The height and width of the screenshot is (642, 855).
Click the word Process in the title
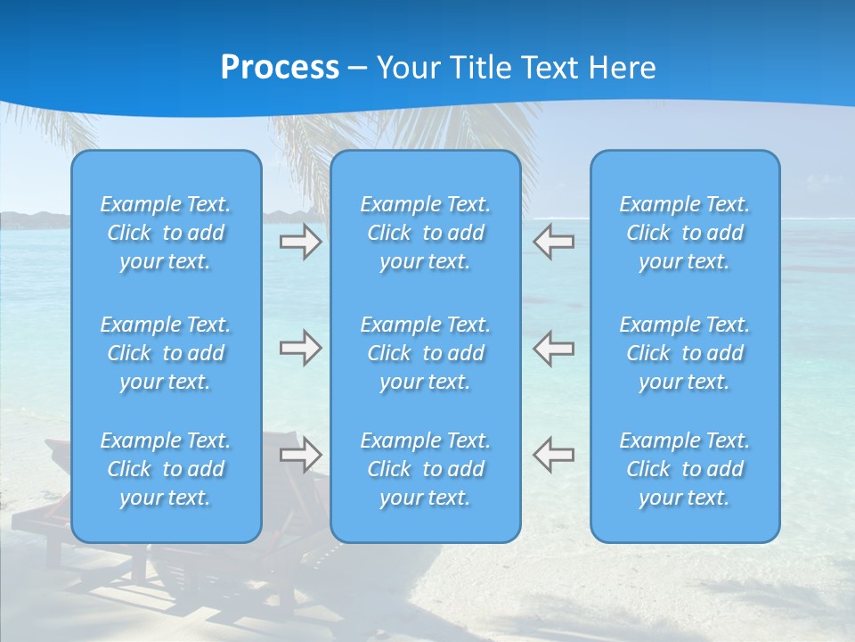280,68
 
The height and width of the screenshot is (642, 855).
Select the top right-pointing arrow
300,243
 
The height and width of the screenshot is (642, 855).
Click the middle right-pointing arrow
300,348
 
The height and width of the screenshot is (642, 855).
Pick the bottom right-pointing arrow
300,455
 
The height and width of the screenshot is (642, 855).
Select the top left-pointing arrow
554,243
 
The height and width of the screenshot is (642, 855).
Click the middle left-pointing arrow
554,348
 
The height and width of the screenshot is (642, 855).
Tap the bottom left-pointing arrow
554,455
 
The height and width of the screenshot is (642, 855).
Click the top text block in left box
166,233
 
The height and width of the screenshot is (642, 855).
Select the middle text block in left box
166,353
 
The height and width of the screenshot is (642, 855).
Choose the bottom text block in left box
166,469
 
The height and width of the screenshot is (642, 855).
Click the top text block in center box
426,233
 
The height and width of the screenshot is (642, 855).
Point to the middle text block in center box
426,353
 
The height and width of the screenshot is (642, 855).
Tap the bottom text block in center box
426,469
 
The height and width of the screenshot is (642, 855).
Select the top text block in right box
685,233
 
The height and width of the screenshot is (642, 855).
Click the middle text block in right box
685,353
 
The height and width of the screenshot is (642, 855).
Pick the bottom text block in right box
685,469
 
